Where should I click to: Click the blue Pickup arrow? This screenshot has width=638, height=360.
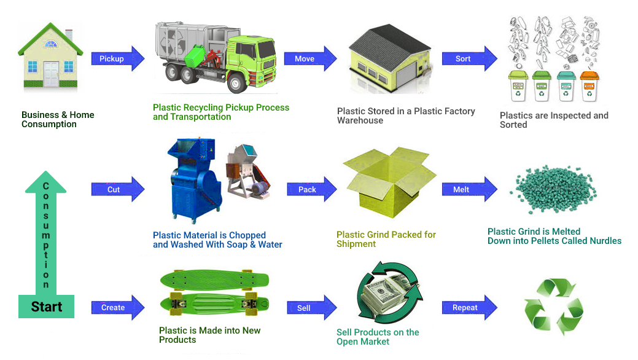(x=117, y=59)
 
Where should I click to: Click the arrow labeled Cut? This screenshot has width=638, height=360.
(x=117, y=189)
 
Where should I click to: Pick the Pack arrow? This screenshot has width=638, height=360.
(x=309, y=189)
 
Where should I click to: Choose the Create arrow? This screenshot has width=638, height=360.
(x=117, y=307)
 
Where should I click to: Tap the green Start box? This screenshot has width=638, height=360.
(x=46, y=306)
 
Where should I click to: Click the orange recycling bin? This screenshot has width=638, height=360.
(x=589, y=87)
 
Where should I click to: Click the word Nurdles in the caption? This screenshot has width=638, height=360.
(x=604, y=241)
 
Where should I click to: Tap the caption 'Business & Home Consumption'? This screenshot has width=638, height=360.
(x=58, y=119)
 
